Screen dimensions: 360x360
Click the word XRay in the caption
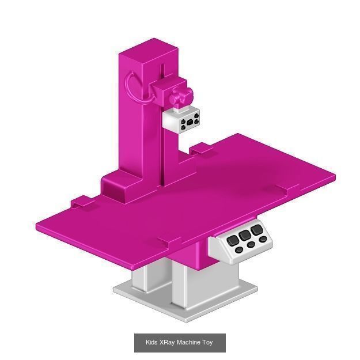(167, 343)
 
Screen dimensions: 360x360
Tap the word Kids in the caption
(151, 343)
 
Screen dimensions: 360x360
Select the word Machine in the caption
(188, 343)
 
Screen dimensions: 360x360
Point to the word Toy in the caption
(207, 343)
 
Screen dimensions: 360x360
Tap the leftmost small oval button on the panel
(239, 249)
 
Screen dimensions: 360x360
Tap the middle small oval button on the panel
(251, 245)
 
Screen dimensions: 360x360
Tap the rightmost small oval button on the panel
(263, 239)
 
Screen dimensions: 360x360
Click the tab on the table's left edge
(81, 202)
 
